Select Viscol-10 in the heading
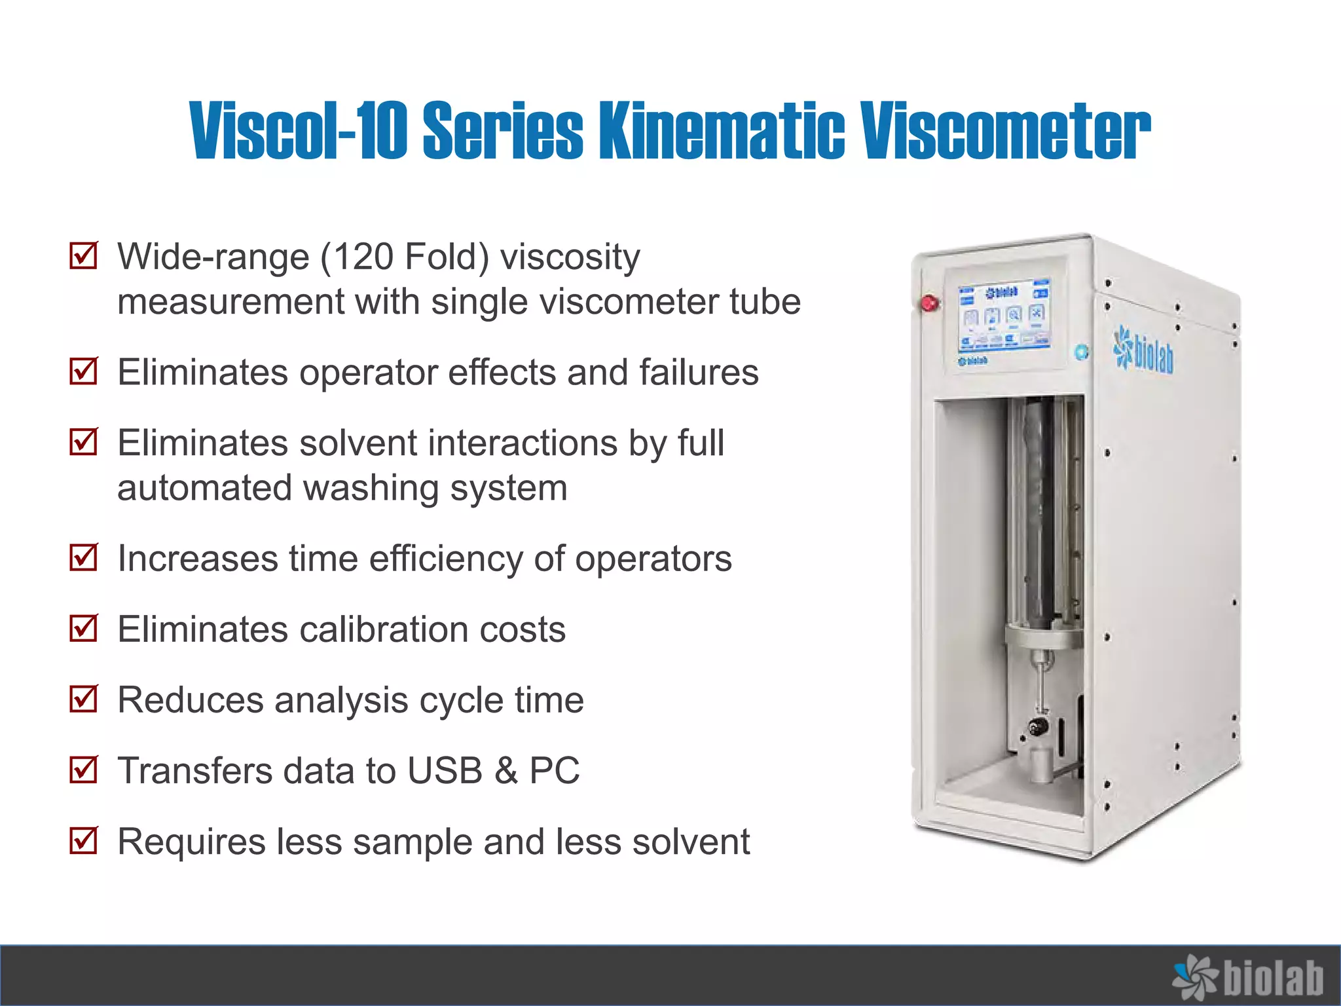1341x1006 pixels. tap(299, 130)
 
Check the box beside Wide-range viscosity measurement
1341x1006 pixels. tap(84, 255)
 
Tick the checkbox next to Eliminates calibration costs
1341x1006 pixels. tap(84, 628)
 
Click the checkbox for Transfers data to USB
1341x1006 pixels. tap(84, 770)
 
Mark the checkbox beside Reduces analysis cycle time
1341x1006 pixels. tap(84, 699)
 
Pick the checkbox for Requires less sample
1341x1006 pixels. tap(84, 840)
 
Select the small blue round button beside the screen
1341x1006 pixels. tap(1082, 352)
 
